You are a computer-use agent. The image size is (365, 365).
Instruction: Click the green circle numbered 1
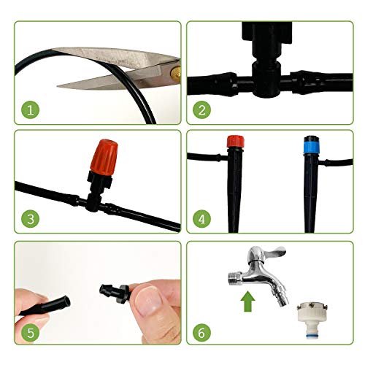[x=31, y=110]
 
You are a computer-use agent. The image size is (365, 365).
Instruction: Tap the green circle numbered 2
[x=201, y=110]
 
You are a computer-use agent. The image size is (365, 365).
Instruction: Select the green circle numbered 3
[x=31, y=219]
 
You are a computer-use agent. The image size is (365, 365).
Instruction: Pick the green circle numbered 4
[x=201, y=219]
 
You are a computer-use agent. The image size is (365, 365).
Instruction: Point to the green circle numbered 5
[x=31, y=332]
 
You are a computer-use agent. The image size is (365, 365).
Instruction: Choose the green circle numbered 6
[x=201, y=332]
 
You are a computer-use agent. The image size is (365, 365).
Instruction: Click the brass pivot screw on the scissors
[x=176, y=72]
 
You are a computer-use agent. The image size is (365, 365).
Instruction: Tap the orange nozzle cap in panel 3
[x=104, y=158]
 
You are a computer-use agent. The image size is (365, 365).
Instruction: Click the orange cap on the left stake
[x=235, y=142]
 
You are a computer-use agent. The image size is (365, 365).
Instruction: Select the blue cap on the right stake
[x=311, y=146]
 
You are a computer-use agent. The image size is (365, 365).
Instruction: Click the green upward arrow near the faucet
[x=247, y=301]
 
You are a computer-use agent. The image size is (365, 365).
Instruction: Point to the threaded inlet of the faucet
[x=235, y=279]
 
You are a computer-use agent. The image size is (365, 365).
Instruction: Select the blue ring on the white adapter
[x=312, y=336]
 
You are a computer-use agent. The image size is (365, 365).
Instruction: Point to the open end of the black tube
[x=66, y=301]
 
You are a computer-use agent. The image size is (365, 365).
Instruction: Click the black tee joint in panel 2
[x=266, y=79]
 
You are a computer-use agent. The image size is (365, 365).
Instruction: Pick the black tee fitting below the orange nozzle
[x=93, y=202]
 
